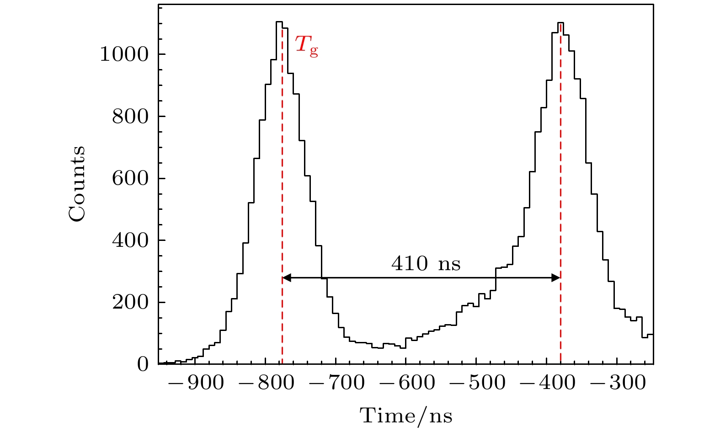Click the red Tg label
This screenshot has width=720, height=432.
point(306,46)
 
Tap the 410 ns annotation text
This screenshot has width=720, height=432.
point(426,264)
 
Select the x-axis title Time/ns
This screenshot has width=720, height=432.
point(406,416)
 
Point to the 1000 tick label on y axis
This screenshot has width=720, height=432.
point(124,55)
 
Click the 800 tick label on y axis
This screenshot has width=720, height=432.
point(130,117)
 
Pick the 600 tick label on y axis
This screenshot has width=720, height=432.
point(130,179)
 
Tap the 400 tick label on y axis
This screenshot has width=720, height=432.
point(130,241)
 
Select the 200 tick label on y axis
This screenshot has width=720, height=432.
point(130,303)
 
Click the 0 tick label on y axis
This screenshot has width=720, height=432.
point(143,365)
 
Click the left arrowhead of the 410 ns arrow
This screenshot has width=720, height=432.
point(286,277)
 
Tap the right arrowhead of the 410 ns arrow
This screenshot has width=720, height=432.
point(556,277)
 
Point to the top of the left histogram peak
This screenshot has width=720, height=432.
point(279,21)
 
